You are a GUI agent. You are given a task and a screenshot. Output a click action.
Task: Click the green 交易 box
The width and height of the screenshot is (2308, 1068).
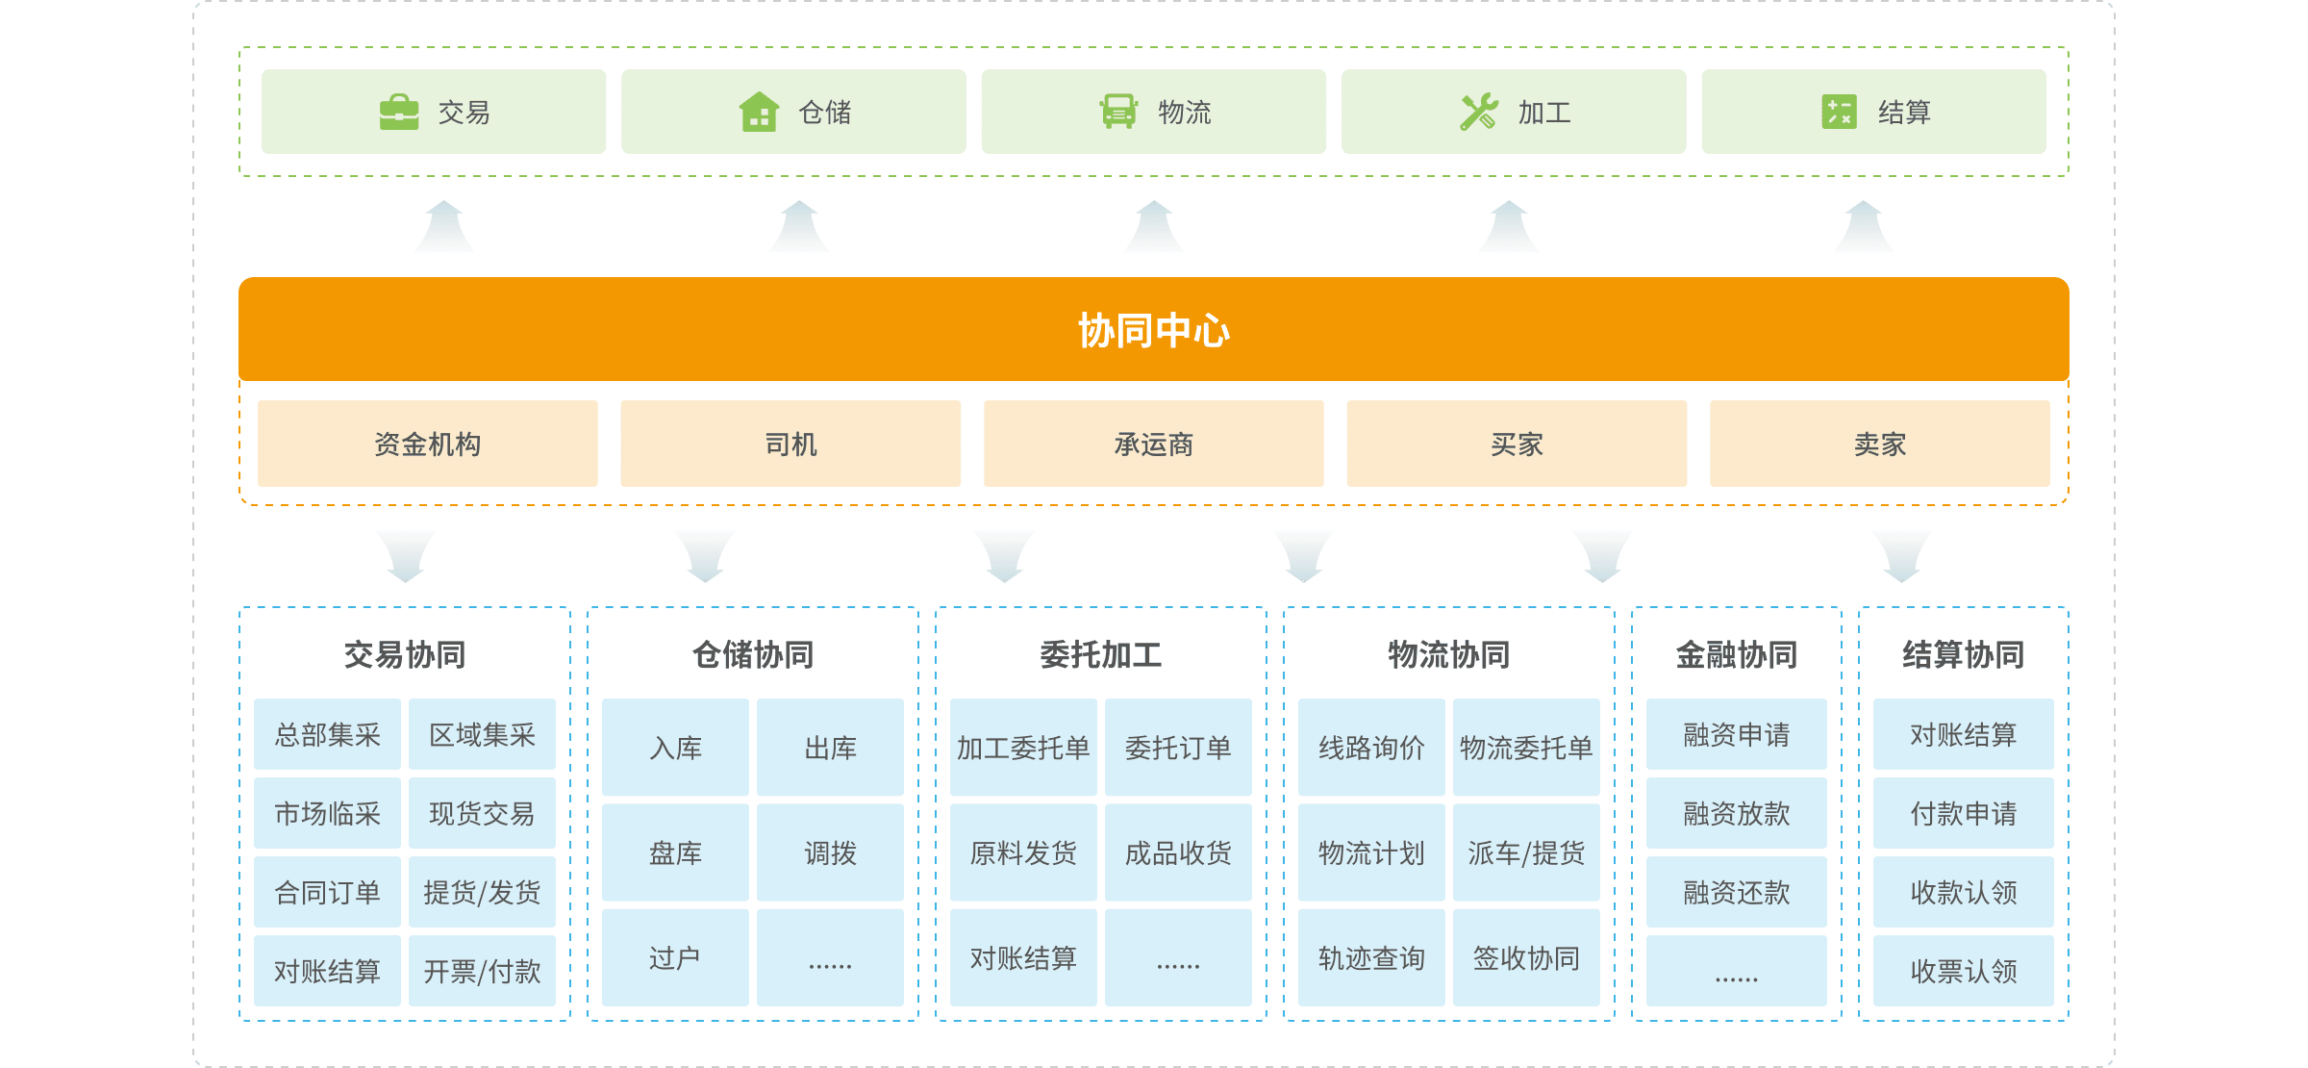coord(434,112)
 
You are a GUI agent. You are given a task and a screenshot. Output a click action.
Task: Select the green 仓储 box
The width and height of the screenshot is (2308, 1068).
coord(793,112)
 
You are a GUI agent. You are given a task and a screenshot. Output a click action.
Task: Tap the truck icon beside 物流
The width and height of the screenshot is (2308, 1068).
coord(1118,112)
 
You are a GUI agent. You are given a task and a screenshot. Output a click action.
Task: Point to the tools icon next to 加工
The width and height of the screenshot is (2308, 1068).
coord(1478,113)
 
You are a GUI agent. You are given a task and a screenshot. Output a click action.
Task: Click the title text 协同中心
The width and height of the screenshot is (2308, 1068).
coord(1153,330)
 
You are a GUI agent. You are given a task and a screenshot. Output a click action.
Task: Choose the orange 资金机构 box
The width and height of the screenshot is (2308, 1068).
coord(427,444)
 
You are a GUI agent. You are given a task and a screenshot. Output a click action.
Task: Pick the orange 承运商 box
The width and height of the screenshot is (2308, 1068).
coord(1153,444)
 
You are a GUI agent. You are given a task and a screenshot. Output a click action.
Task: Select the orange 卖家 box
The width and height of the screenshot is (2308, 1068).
coord(1879,444)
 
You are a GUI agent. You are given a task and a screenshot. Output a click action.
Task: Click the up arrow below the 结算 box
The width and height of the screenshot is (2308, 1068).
coord(1863,228)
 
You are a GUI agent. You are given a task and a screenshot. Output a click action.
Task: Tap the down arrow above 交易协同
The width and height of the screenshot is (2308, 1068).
coord(406,555)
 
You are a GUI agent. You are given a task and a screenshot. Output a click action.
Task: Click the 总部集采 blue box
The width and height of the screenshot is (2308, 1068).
coord(327,735)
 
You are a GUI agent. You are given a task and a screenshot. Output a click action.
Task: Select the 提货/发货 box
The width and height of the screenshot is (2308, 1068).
coord(482,892)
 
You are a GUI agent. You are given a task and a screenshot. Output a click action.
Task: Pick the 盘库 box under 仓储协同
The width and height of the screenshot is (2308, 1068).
coord(675,852)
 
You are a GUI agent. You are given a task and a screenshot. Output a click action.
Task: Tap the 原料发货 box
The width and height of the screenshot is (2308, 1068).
coord(1023,852)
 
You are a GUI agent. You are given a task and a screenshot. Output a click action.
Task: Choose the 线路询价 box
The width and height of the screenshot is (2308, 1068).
coord(1371,748)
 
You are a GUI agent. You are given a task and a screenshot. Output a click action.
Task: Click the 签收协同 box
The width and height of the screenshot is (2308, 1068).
coord(1526,957)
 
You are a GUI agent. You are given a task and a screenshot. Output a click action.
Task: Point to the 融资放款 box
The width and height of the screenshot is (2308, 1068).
coord(1736,813)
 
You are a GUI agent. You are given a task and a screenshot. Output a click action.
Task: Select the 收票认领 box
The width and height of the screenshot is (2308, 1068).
coord(1963,971)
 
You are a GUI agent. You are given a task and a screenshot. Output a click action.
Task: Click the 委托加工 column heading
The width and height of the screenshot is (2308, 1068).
coord(1100,655)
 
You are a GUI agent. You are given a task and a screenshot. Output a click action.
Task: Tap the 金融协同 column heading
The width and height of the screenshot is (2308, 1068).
coord(1736,655)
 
